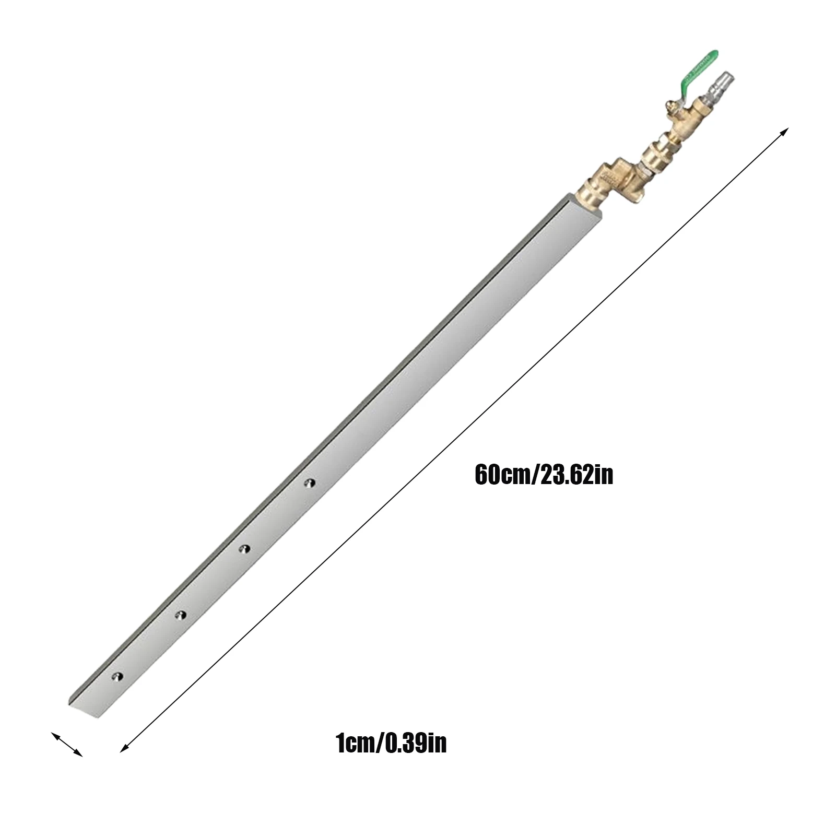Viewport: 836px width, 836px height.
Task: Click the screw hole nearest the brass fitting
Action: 310,483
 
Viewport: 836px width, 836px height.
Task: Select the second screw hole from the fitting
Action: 244,548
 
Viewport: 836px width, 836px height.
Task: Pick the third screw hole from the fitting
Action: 180,615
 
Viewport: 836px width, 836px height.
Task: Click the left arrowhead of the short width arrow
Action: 54,735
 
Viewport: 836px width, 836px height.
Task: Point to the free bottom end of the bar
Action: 84,710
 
